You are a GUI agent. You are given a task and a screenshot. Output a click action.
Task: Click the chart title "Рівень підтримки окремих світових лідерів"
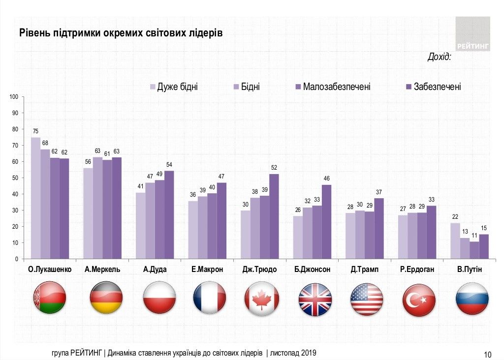pos(121,33)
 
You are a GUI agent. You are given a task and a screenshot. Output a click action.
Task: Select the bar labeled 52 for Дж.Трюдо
pos(274,216)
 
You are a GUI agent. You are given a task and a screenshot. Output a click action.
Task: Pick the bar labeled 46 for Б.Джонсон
pos(326,222)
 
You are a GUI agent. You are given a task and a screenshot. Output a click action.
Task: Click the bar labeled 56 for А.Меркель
pos(88,213)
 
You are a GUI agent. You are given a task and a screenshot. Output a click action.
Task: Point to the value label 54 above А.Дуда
pos(169,164)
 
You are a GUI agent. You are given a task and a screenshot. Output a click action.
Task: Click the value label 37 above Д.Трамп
pos(379,191)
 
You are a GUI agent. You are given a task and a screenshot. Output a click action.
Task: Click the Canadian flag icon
pos(262,299)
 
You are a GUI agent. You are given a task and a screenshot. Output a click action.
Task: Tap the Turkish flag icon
pos(419,299)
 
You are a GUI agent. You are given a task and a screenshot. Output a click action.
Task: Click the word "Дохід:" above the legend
pos(439,57)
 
